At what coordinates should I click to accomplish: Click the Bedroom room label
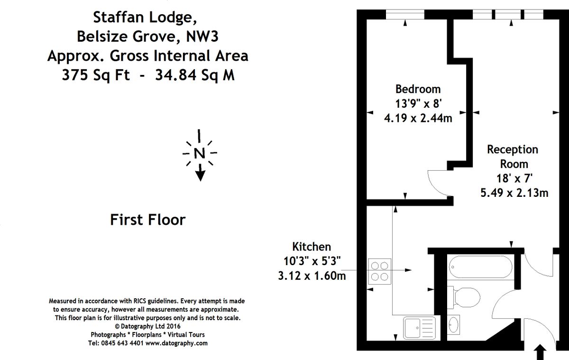tap(418, 89)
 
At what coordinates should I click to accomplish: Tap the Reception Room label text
tap(513, 157)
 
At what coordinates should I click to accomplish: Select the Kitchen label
tap(311, 247)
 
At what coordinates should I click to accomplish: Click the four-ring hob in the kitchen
tap(379, 271)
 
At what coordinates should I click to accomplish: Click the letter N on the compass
tap(200, 153)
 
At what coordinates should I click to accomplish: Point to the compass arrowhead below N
tap(200, 175)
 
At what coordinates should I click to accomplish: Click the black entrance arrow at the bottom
tap(541, 353)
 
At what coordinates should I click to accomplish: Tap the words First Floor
tap(147, 220)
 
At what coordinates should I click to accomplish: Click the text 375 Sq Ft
tap(95, 75)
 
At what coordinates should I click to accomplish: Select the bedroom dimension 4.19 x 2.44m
tap(418, 118)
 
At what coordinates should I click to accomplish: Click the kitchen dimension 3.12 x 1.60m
tap(312, 275)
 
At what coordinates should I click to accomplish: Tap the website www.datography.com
tap(176, 343)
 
